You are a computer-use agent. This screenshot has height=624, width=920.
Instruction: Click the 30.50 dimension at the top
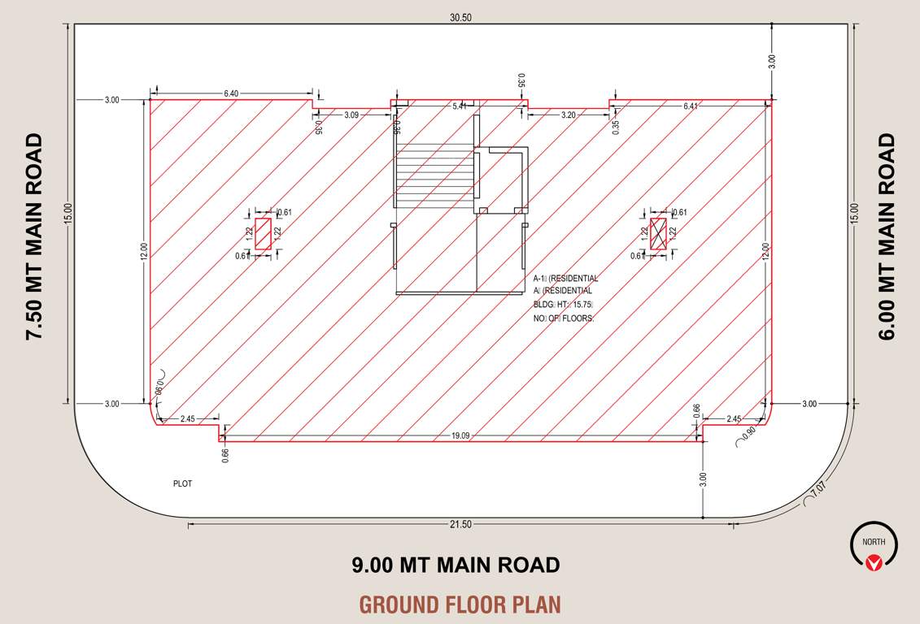(x=460, y=17)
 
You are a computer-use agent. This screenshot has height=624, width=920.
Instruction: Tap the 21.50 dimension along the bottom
(x=460, y=524)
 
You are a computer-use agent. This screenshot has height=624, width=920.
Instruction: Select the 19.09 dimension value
(x=462, y=435)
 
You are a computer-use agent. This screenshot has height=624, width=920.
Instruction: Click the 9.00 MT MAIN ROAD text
(x=456, y=565)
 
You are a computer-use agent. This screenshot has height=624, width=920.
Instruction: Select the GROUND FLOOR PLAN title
(x=460, y=604)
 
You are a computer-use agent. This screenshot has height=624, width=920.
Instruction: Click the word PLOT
(x=182, y=483)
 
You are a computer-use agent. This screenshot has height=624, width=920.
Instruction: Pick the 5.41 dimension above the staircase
(x=460, y=106)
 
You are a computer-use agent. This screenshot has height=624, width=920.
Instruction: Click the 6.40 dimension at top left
(x=231, y=94)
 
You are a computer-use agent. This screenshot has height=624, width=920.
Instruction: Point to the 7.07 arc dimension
(x=818, y=488)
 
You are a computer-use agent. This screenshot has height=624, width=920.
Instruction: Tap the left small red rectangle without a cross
(x=263, y=233)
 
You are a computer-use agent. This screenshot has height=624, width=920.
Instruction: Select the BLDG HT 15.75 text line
(x=563, y=305)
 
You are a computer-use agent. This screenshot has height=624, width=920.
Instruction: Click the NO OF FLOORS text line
(x=564, y=319)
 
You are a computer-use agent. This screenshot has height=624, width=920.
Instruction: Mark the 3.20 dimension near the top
(x=568, y=115)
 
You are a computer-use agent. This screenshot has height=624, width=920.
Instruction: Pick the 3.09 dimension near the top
(x=351, y=115)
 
